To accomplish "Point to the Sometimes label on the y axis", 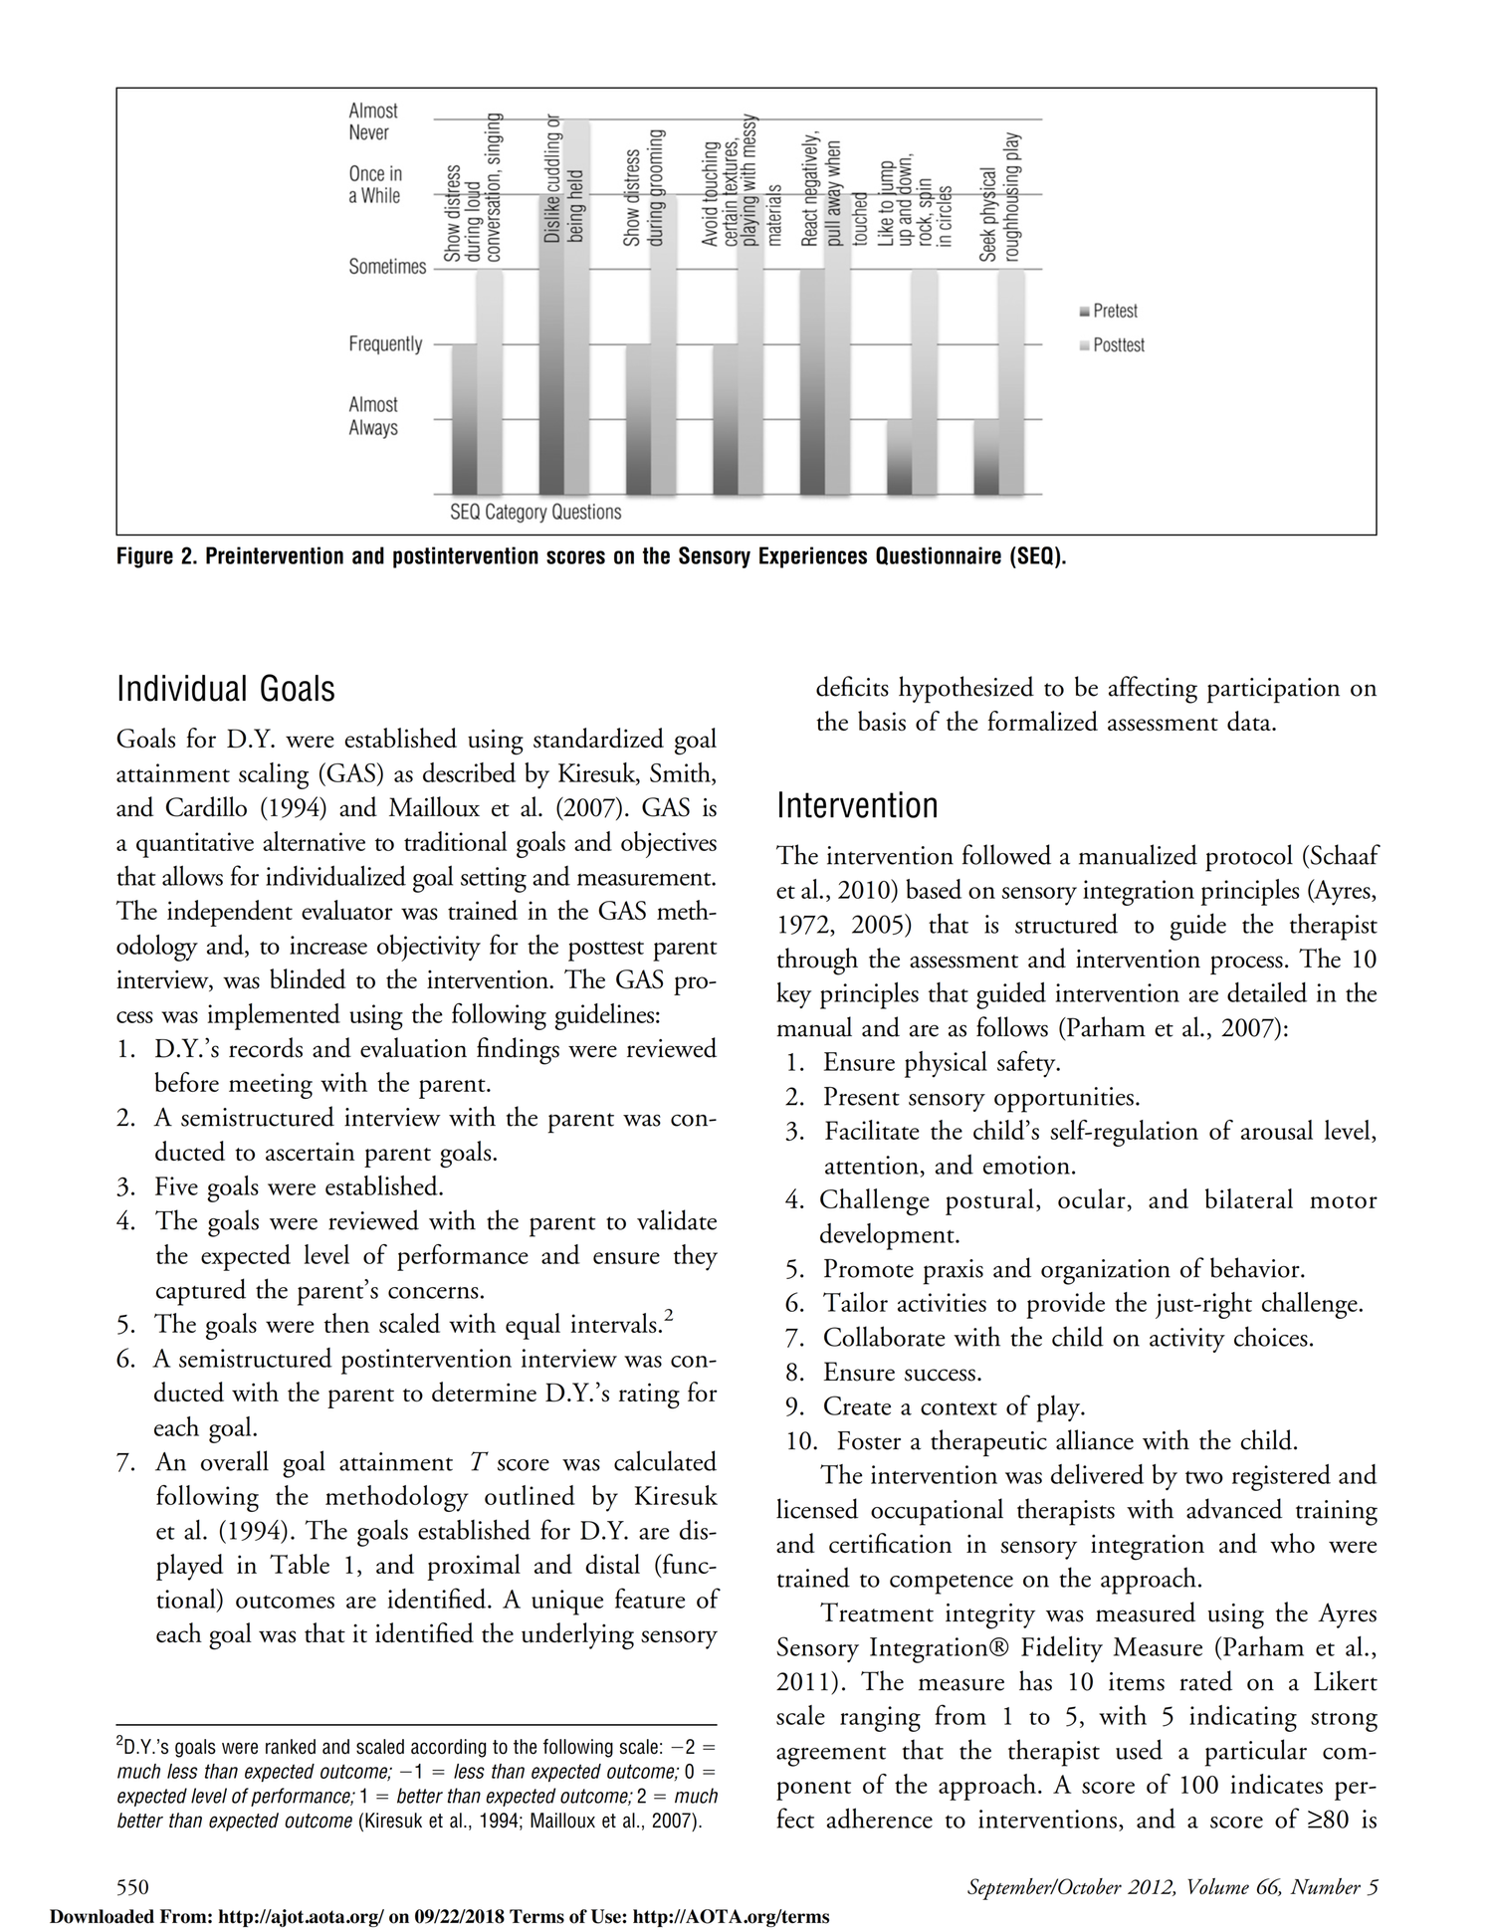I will point(387,267).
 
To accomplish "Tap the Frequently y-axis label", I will point(385,344).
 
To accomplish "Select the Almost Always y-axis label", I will point(373,416).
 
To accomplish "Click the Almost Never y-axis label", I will point(372,121).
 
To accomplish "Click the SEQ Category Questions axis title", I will point(535,513).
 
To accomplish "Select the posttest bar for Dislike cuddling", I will point(577,309).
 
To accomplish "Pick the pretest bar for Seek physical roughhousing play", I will point(986,457).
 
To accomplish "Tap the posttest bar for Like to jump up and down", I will point(925,382).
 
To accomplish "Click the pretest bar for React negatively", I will point(812,382).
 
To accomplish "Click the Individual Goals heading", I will point(226,689).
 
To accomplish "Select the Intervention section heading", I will point(857,805).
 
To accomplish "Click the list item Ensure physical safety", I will point(941,1063).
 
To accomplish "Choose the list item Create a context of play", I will point(953,1406).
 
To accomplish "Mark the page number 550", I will point(132,1887).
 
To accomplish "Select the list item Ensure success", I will point(902,1373).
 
